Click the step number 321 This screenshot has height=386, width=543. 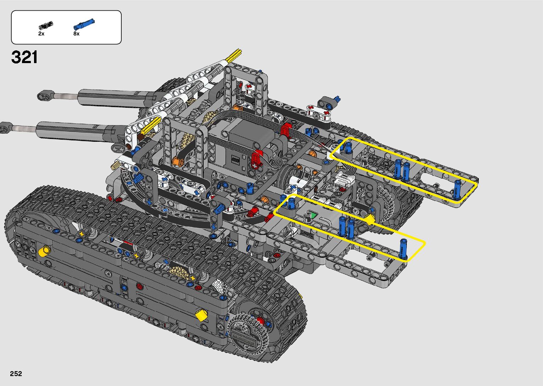click(x=24, y=57)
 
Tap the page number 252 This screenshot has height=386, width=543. click(x=16, y=373)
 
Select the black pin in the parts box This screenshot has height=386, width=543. click(x=46, y=25)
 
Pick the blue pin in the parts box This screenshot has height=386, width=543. click(x=84, y=24)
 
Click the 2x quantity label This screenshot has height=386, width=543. click(x=41, y=34)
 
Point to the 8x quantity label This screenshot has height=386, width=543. click(x=76, y=34)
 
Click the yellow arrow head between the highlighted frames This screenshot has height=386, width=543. click(x=370, y=219)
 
